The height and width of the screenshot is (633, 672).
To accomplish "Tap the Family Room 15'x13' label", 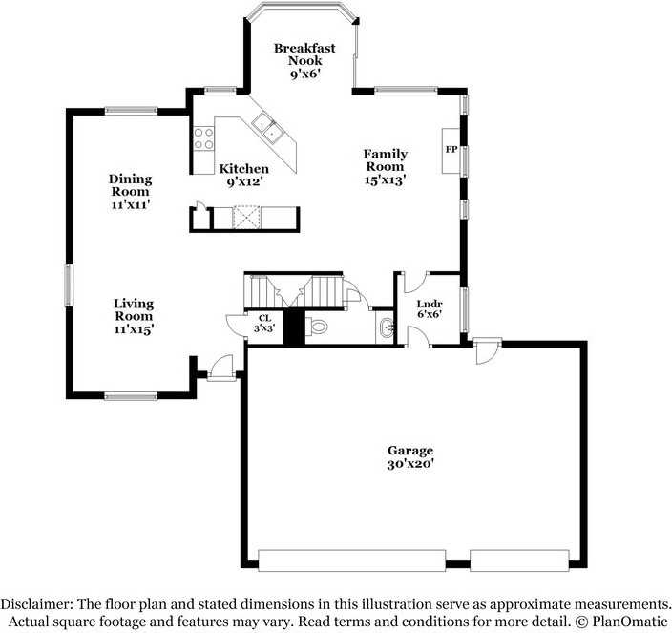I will pos(385,166).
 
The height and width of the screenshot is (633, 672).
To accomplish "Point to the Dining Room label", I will pos(130,191).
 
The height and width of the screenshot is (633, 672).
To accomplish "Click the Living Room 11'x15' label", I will pos(134,316).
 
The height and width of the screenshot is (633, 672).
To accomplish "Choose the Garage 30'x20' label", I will pos(410,456).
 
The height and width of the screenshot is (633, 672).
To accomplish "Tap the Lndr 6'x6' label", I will pos(429,307).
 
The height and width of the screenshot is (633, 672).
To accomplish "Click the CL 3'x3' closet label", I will pos(264,322).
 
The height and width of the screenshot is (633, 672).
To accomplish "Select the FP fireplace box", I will pos(450,150).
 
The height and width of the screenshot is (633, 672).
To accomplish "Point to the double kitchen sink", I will pos(267,128).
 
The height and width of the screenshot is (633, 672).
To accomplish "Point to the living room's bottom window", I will pos(131,395).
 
